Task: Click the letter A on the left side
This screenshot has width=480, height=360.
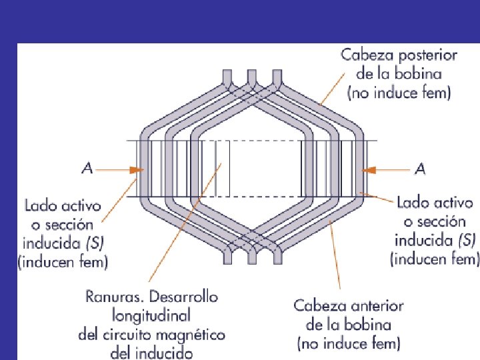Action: tap(87, 169)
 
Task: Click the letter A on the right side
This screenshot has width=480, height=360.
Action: tap(420, 169)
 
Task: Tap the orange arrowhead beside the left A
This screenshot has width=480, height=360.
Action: tap(136, 170)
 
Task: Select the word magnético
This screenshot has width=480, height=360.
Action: tap(193, 334)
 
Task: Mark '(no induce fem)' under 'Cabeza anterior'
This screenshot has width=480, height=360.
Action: tap(349, 344)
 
